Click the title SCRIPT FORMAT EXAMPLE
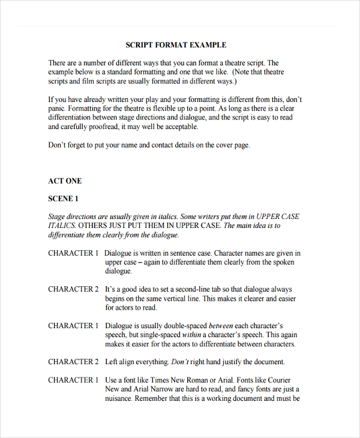coord(176,45)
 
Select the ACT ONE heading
coord(65,181)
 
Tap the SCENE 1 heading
coord(63,199)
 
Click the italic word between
coord(221,326)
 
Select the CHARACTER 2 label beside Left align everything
coord(73,362)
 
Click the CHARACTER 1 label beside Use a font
coord(73,380)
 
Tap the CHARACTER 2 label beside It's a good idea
coord(73,289)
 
